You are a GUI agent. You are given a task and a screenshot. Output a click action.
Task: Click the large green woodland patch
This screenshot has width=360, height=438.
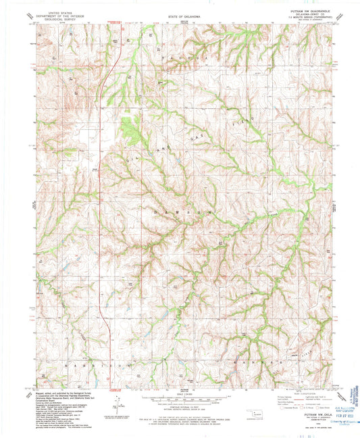pyautogui.click(x=128, y=128)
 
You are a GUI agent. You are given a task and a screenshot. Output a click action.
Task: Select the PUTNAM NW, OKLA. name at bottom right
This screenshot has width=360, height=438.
pyautogui.click(x=309, y=420)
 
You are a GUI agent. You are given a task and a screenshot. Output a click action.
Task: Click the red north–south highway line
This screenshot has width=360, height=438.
pyautogui.click(x=100, y=203)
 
